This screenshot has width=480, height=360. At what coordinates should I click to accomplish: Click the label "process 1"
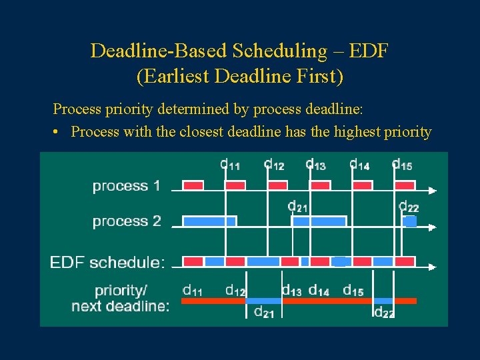(126, 186)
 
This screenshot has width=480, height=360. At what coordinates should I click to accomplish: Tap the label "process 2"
(127, 221)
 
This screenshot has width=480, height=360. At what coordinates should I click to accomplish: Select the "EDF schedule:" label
(107, 262)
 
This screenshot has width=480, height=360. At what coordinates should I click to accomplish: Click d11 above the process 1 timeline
(230, 164)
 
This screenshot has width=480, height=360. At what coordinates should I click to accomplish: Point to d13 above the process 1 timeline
(316, 164)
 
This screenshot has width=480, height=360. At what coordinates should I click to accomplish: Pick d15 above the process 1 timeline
(402, 164)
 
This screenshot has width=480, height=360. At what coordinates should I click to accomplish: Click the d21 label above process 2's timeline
(298, 206)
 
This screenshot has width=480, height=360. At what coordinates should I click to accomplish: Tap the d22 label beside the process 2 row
(409, 207)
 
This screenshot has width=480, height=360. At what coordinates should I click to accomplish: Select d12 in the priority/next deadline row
(236, 290)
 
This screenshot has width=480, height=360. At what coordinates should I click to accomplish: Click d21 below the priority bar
(265, 312)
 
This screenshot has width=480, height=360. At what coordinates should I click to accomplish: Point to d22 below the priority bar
(384, 312)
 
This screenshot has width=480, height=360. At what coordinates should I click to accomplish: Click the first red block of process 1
(193, 185)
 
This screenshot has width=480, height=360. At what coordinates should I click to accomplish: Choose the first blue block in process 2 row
(209, 221)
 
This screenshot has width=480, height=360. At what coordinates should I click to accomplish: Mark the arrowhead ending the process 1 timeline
(433, 191)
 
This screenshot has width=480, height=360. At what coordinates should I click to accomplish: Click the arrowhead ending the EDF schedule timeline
(433, 267)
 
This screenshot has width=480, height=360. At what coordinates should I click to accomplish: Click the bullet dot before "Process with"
(59, 132)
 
